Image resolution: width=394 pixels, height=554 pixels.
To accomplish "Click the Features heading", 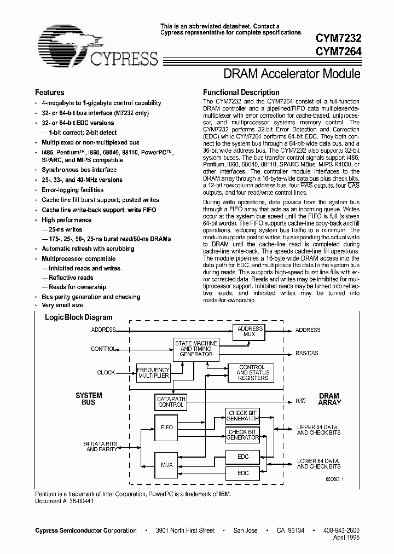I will coord(49,93).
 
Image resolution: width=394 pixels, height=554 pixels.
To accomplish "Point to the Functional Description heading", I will coord(241,93).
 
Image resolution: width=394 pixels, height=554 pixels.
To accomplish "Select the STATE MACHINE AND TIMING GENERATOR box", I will coord(196,349).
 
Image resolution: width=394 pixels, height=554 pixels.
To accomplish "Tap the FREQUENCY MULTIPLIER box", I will coord(153,373).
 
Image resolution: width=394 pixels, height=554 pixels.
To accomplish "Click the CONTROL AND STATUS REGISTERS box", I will coord(252,373).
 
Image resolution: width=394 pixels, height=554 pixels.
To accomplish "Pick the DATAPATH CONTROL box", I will coord(171,402).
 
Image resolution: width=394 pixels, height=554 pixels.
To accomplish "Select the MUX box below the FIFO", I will coord(166,465).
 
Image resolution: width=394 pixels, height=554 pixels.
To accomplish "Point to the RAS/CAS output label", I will coord(306,353).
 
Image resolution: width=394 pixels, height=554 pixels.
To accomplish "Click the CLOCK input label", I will coord(106,372).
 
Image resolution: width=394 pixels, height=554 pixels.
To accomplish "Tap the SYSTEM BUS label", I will coord(88,399).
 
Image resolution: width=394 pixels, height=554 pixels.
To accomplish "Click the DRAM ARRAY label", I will coord(329,399).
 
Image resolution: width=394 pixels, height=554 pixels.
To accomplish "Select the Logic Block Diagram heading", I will coord(78,318).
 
